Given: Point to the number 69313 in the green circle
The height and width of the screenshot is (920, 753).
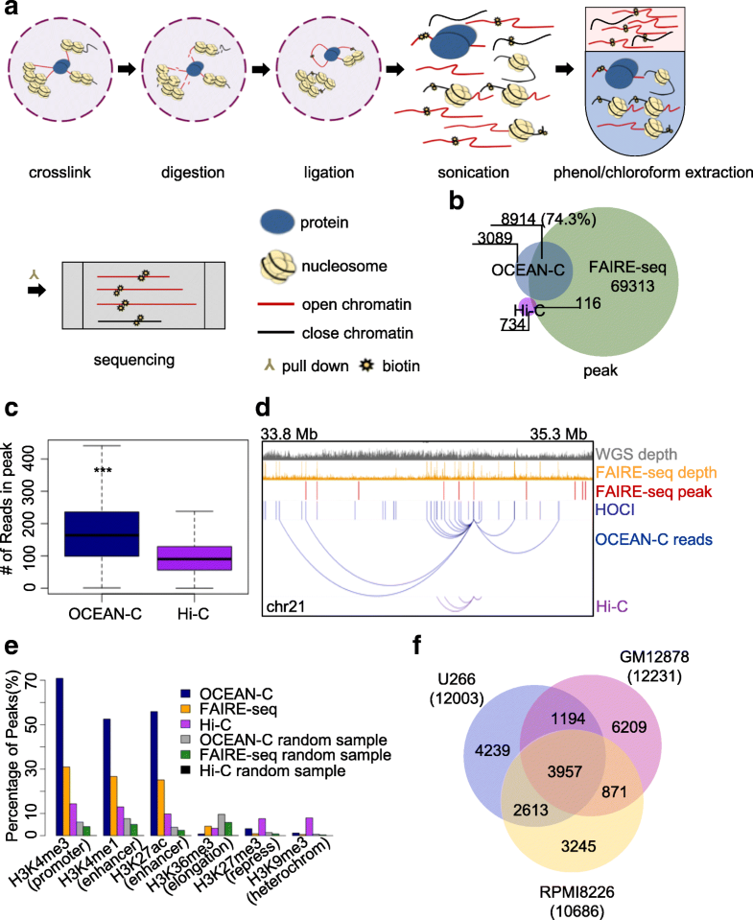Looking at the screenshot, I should click(x=634, y=286).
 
